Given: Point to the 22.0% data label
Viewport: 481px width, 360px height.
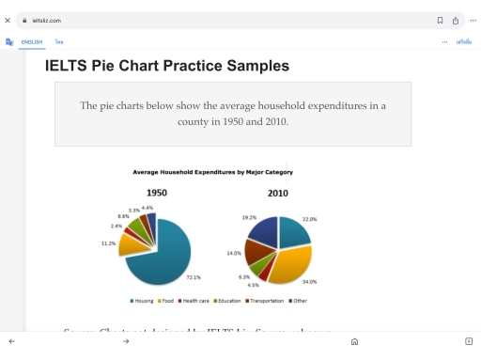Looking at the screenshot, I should click(335, 219).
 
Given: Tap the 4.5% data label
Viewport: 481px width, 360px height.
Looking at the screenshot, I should click(254, 285).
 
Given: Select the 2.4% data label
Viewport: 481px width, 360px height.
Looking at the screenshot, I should click(116, 227).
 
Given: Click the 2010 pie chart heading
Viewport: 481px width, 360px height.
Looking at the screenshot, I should click(277, 194).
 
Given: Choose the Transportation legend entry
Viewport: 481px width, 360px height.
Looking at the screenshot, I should click(268, 301).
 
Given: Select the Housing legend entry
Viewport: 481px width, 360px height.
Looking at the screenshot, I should click(141, 301).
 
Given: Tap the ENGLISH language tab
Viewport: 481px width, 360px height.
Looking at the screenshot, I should click(32, 41).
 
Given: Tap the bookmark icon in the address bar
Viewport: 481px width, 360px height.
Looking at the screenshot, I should click(440, 19).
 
